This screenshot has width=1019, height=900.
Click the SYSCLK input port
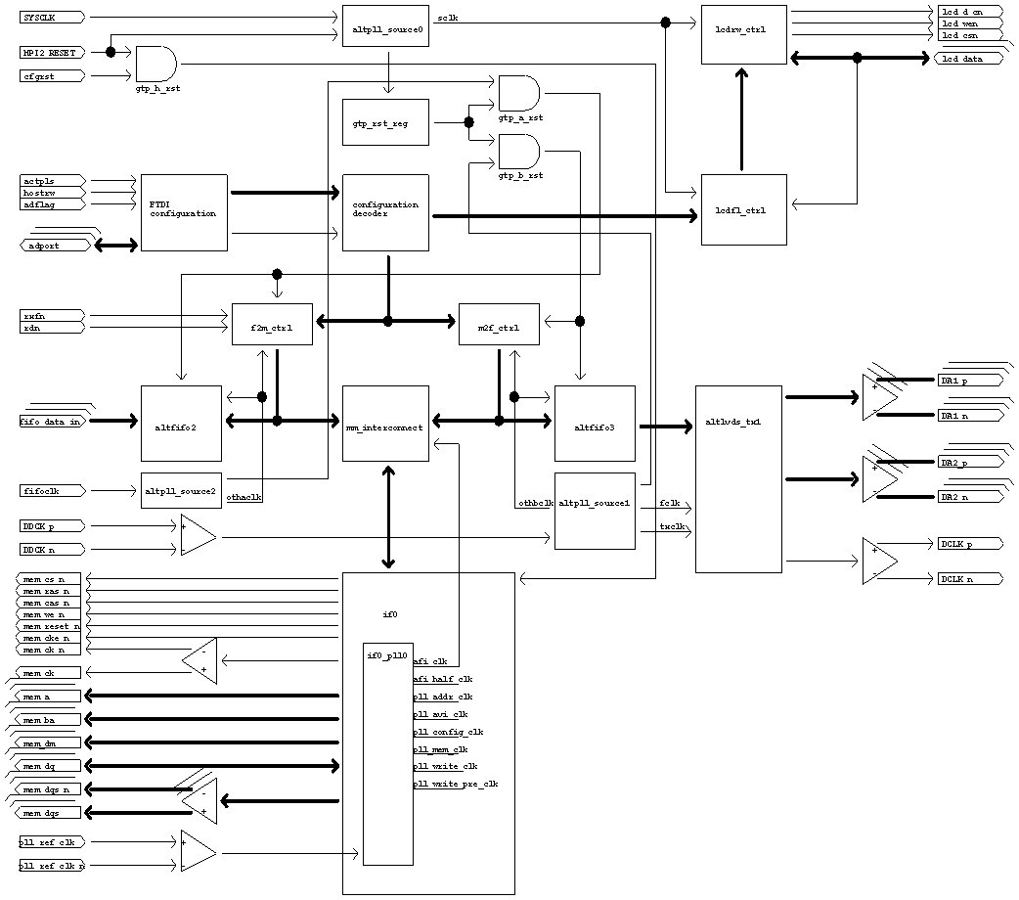[52, 18]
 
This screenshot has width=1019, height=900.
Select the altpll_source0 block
[385, 29]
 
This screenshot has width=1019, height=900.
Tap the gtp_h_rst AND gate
[155, 64]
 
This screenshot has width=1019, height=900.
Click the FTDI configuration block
[184, 212]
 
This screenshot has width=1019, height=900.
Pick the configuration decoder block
[385, 212]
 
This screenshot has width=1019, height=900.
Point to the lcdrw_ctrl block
[743, 35]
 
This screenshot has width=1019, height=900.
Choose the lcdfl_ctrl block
[743, 209]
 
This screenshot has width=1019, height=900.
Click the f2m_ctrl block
[272, 324]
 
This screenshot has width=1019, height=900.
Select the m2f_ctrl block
[499, 324]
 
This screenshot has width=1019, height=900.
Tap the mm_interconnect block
[385, 423]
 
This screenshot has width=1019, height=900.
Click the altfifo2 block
[181, 423]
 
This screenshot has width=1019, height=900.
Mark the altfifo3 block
[595, 423]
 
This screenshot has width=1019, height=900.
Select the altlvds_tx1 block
[738, 478]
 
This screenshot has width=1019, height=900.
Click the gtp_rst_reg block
[385, 122]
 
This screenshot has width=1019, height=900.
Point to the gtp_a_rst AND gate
[518, 93]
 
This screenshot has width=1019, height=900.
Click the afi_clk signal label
[431, 661]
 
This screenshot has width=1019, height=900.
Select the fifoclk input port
[52, 490]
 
